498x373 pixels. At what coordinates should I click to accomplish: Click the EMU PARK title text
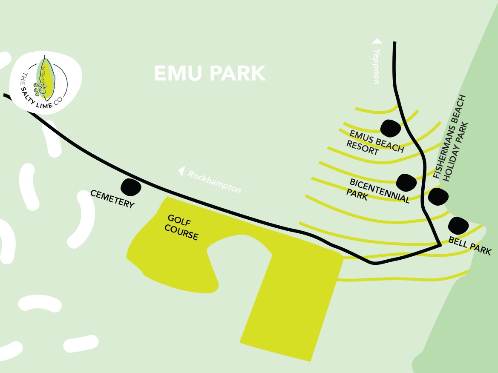point(210,73)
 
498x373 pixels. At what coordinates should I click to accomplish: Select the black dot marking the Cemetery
point(131,187)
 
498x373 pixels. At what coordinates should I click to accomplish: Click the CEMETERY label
point(112,199)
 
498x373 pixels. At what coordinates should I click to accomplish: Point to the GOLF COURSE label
point(181,227)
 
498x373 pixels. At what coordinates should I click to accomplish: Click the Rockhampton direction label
point(214,181)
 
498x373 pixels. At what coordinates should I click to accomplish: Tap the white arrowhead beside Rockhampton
point(181,172)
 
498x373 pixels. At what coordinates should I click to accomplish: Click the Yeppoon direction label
point(376,66)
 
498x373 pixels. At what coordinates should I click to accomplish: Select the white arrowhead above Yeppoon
point(377,41)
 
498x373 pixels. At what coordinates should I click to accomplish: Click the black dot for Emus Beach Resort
point(390,128)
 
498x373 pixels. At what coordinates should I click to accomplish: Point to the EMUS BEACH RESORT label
point(375,143)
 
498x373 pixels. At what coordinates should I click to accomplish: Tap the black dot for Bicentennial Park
point(406,183)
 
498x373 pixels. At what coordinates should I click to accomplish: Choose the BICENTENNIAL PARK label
point(378,190)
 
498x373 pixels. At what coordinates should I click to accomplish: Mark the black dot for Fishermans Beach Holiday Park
point(438,196)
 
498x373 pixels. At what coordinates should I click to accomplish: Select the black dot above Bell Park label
point(458,226)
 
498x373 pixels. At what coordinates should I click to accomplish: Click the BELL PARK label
point(470,246)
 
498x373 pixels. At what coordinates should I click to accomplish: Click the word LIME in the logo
point(44,105)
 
